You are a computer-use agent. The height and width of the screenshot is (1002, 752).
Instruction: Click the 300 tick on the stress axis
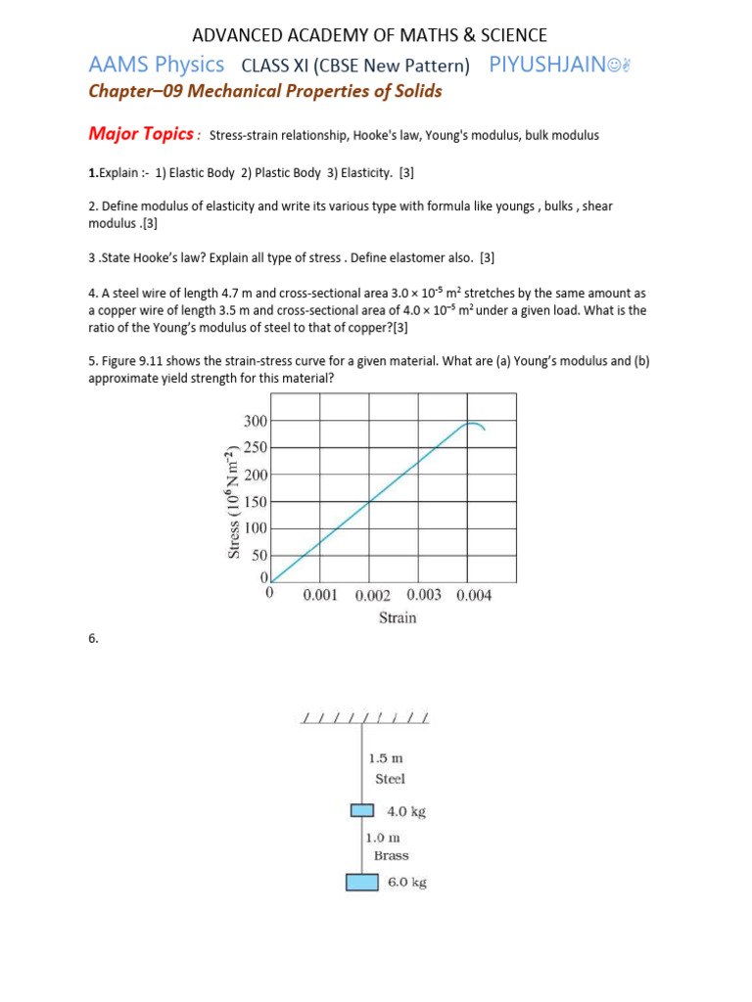tap(255, 421)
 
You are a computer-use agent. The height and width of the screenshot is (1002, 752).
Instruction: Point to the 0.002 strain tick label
tap(372, 596)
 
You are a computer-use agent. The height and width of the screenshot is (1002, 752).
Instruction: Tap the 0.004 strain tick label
tap(474, 596)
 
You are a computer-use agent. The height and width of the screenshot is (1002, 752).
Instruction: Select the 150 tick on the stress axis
tap(255, 502)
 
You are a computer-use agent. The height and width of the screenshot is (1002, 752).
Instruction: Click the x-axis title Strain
tap(398, 617)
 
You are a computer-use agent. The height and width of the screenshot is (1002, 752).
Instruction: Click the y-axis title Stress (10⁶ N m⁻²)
tap(234, 500)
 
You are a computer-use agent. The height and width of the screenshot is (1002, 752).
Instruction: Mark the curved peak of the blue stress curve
tap(474, 424)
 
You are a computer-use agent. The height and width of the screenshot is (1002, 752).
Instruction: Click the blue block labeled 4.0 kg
tap(363, 810)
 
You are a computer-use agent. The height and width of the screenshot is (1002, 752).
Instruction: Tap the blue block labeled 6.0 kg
tap(362, 883)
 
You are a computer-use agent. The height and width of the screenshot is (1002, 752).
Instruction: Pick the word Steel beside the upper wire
tap(390, 779)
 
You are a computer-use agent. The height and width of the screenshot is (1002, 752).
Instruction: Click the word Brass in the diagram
tap(392, 855)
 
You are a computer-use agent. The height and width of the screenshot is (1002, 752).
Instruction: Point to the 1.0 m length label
tap(382, 838)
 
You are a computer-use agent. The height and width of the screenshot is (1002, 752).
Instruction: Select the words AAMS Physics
tap(157, 66)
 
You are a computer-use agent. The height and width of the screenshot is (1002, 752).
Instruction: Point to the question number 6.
tap(93, 639)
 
